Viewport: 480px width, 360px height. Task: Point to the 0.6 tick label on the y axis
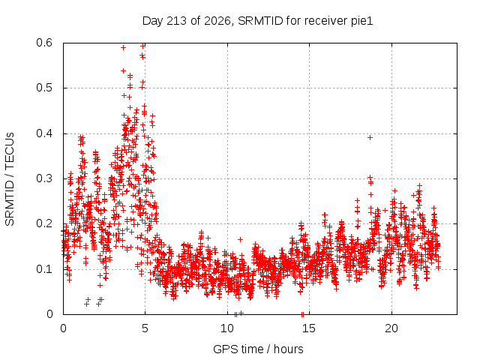pos(44,43)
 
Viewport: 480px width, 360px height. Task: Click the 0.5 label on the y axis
pos(44,88)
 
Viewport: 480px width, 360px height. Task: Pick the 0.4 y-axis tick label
pos(44,133)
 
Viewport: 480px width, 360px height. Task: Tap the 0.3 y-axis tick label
pos(44,178)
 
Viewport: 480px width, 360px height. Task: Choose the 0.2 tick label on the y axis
pos(44,223)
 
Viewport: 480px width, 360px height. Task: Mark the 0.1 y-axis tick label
pos(44,269)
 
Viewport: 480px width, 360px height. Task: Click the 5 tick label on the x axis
pos(145,328)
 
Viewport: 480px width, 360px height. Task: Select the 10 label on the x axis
pos(227,328)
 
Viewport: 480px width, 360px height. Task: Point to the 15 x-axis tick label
pos(309,328)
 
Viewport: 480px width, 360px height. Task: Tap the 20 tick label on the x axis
pos(391,328)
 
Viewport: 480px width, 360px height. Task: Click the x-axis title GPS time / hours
pos(258,349)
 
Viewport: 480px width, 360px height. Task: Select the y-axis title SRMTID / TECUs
pos(10,179)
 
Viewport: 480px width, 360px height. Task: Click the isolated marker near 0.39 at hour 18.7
pos(370,138)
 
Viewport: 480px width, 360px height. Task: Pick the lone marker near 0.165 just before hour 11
pos(241,239)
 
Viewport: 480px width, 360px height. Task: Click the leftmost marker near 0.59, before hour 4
pos(123,47)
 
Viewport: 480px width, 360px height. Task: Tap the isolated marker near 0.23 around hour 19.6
pos(385,210)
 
